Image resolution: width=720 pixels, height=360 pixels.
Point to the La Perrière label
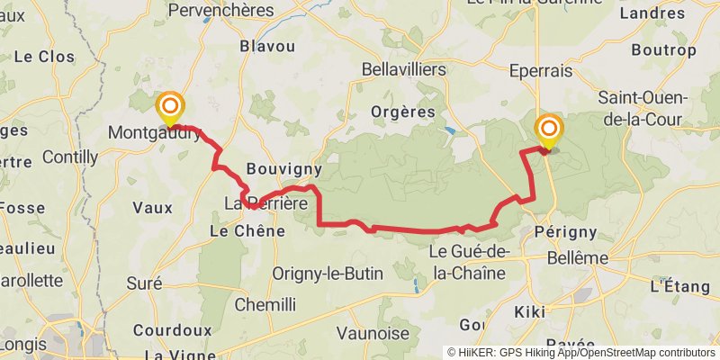[265, 203]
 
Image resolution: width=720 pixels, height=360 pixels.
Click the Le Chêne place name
[247, 231]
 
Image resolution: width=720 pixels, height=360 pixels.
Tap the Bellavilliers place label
[403, 68]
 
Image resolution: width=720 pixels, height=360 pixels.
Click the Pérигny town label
[565, 231]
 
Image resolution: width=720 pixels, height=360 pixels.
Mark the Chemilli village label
[265, 304]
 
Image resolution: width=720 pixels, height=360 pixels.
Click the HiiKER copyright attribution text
[581, 352]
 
